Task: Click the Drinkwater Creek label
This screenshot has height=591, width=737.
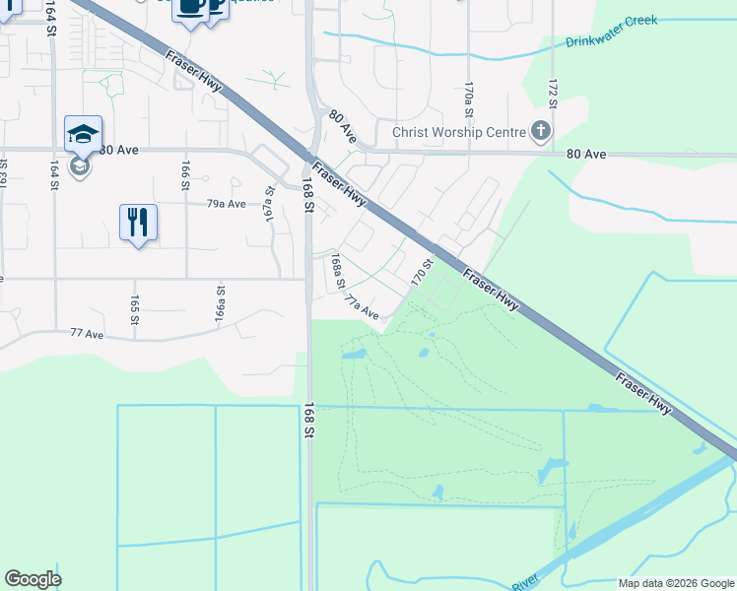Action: [x=611, y=42]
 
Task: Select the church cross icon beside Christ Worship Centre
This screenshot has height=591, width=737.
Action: [x=540, y=131]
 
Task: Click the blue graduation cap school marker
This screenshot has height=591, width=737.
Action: [x=83, y=135]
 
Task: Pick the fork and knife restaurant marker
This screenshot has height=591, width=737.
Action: [x=138, y=222]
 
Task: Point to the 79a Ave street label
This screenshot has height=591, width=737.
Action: [x=226, y=204]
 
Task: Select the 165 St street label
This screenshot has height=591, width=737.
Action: [x=134, y=308]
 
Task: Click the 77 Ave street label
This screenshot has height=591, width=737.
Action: [x=87, y=335]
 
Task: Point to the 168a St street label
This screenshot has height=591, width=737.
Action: [x=337, y=272]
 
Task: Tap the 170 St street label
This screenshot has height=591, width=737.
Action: [x=423, y=271]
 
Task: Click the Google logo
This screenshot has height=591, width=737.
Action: [x=33, y=579]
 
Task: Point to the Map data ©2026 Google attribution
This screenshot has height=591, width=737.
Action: [x=677, y=583]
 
